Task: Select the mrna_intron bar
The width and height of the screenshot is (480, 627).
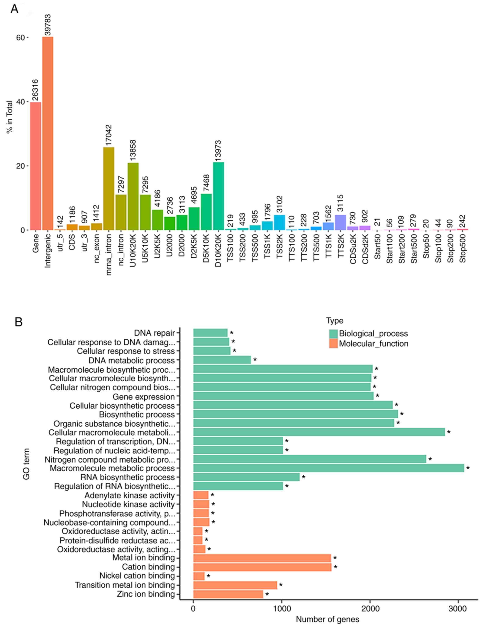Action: [109, 188]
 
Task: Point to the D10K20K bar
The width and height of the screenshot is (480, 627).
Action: [219, 196]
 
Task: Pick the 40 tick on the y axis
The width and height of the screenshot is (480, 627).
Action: [21, 102]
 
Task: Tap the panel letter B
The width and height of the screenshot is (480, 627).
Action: [19, 322]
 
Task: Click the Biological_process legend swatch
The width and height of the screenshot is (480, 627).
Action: [333, 334]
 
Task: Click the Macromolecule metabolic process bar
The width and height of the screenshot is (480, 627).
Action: [329, 468]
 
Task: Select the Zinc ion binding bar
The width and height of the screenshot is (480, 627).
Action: [228, 594]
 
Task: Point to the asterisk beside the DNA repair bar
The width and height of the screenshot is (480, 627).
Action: [232, 333]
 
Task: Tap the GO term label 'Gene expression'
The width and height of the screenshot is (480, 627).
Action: [143, 397]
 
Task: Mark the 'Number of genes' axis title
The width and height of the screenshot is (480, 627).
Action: [327, 619]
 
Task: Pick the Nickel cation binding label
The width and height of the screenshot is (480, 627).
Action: [137, 576]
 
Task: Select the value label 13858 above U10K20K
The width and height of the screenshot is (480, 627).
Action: [133, 150]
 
